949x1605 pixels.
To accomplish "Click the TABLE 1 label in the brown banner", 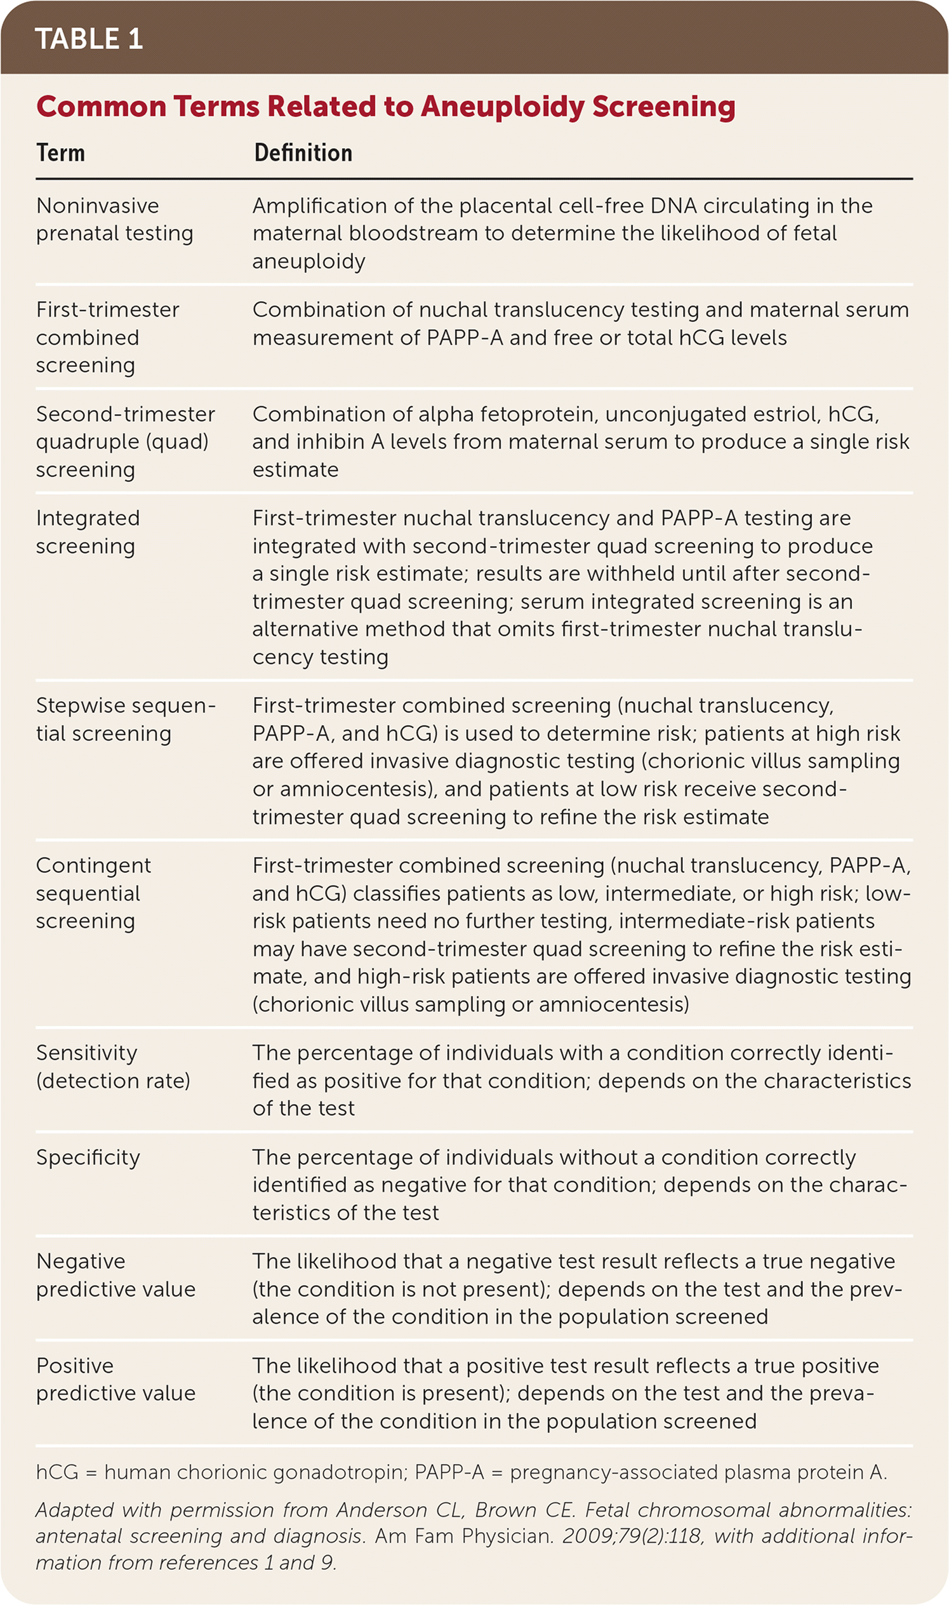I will (88, 39).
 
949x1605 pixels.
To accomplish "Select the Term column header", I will (60, 153).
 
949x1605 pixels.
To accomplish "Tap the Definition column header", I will (303, 153).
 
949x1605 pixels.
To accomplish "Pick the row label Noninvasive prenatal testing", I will (114, 219).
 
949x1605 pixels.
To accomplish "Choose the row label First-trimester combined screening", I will (107, 337).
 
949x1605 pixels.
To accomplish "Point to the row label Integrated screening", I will (88, 531).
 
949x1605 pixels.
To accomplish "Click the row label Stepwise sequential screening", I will (125, 719).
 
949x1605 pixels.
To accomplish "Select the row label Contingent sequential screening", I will (93, 893).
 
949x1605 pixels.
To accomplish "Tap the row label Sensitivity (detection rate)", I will (112, 1066).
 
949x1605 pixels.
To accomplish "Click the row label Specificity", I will (88, 1157).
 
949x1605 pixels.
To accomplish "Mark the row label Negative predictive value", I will (115, 1274).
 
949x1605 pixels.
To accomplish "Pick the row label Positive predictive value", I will (115, 1379).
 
